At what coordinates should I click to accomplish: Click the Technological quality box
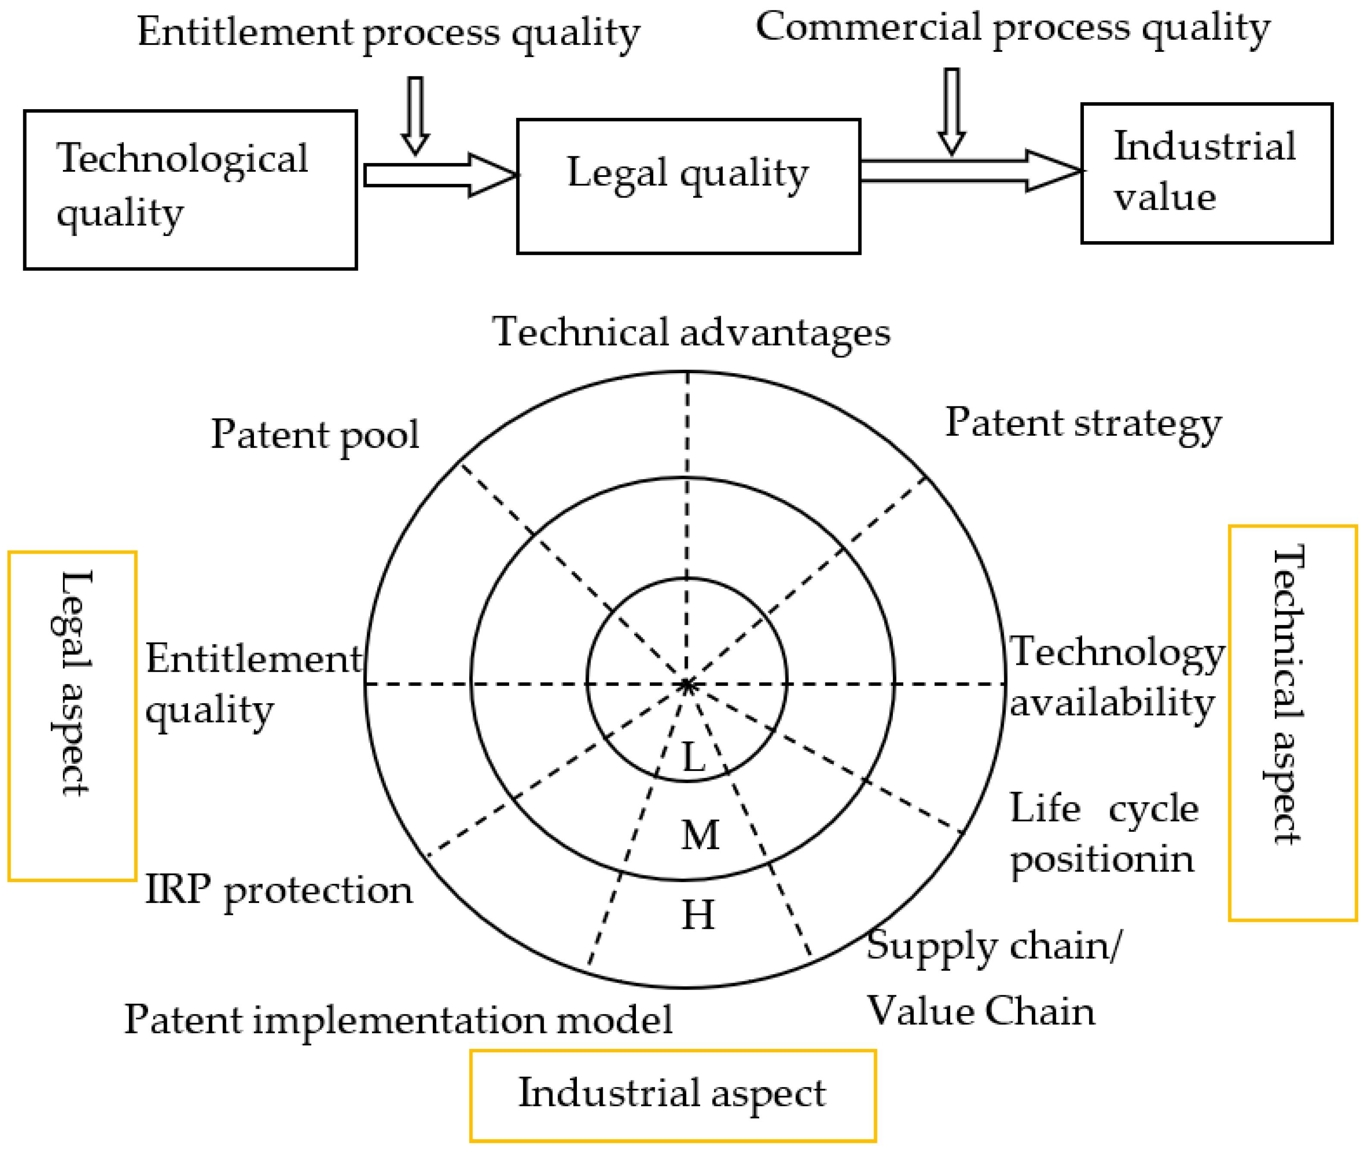(x=190, y=190)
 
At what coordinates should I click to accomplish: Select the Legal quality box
(x=688, y=186)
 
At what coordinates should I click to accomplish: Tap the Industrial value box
(x=1206, y=173)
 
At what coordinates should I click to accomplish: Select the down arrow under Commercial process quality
(x=952, y=110)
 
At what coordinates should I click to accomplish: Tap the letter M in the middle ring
(x=700, y=835)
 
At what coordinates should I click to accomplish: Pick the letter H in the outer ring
(x=698, y=915)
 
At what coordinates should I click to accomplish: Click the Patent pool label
(x=315, y=435)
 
